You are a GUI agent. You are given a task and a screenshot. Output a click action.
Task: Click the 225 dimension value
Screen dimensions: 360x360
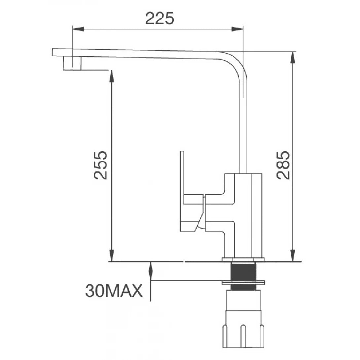click(x=160, y=19)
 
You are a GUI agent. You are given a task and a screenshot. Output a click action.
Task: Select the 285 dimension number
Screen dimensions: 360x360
click(x=283, y=165)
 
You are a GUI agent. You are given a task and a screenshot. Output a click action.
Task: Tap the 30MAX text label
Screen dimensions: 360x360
click(x=114, y=291)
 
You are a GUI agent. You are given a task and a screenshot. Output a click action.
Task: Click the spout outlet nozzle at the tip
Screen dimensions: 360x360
click(x=72, y=63)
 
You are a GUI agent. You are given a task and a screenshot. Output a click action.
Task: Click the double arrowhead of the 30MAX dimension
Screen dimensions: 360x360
click(x=151, y=271)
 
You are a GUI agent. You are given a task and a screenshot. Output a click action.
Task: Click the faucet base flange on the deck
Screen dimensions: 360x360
click(x=243, y=260)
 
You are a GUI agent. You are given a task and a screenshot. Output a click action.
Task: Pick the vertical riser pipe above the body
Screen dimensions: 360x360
click(x=242, y=132)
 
